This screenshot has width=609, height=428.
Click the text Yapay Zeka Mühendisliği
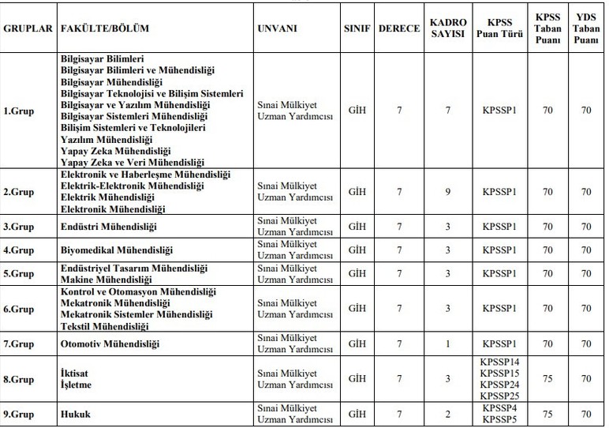pyautogui.click(x=115, y=150)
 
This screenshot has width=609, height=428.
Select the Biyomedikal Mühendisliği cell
pyautogui.click(x=117, y=250)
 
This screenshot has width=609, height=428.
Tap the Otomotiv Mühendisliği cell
pyautogui.click(x=110, y=344)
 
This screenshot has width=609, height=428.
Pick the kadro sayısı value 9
pyautogui.click(x=447, y=191)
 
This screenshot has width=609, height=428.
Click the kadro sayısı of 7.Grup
pyautogui.click(x=447, y=344)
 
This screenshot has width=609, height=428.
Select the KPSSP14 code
pyautogui.click(x=499, y=362)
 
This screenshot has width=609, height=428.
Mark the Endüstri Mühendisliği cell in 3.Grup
pyautogui.click(x=109, y=227)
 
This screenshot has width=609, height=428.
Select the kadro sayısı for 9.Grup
pyautogui.click(x=447, y=412)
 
